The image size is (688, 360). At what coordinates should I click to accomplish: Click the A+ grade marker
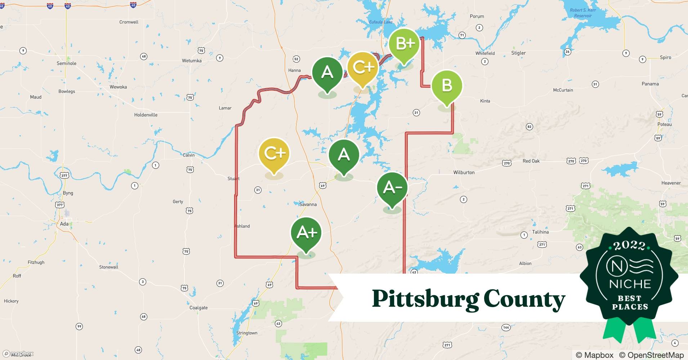(x=306, y=233)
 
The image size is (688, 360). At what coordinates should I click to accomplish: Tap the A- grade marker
(x=392, y=188)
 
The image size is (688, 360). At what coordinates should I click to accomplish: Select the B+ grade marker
(x=405, y=44)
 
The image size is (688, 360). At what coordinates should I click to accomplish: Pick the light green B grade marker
(x=447, y=85)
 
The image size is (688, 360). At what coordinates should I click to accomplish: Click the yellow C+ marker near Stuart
(x=274, y=153)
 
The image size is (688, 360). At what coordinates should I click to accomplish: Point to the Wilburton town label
(x=464, y=172)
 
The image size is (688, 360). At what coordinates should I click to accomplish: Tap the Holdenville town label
(x=146, y=115)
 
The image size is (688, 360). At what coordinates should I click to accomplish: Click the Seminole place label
(x=67, y=63)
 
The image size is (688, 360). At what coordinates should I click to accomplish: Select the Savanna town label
(x=308, y=204)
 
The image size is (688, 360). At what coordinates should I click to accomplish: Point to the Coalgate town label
(x=198, y=308)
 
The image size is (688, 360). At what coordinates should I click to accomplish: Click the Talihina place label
(x=540, y=232)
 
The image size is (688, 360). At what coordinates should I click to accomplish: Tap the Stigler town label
(x=518, y=53)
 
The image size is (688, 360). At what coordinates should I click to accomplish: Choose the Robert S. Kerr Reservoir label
(x=583, y=13)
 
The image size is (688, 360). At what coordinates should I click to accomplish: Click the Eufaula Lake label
(x=381, y=22)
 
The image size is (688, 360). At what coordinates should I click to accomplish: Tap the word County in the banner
(x=524, y=299)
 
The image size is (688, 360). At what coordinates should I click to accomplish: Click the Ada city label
(x=64, y=224)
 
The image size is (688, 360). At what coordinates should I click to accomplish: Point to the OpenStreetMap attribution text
(x=651, y=355)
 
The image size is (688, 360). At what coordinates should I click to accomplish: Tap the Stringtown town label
(x=247, y=333)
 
